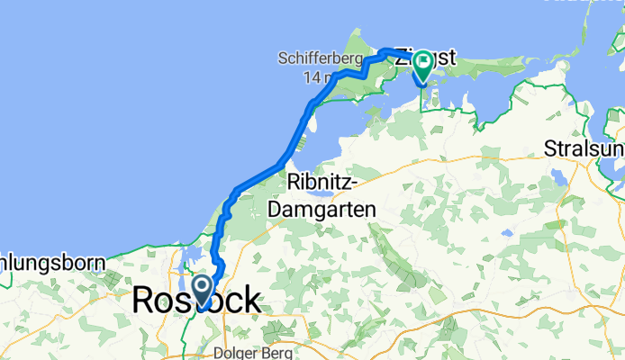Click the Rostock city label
pyautogui.click(x=198, y=301)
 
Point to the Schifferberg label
pyautogui.click(x=321, y=60)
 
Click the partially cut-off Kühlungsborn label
pyautogui.click(x=52, y=264)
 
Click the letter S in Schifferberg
pyautogui.click(x=283, y=60)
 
